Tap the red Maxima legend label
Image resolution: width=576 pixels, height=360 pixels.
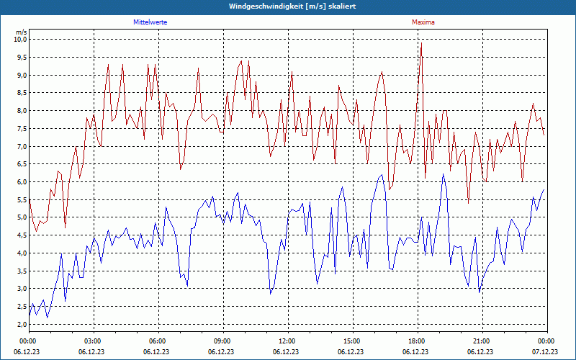(x=423, y=22)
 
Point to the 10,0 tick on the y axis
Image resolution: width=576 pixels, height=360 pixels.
(x=20, y=40)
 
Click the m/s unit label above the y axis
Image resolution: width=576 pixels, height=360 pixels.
(x=21, y=32)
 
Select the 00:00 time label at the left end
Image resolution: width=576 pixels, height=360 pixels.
(x=29, y=341)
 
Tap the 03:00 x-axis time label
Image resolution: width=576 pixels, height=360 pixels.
(x=94, y=341)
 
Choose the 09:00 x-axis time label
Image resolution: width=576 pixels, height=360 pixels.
(x=222, y=341)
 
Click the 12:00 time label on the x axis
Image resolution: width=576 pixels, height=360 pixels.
(x=287, y=341)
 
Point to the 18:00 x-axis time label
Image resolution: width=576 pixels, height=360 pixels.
(x=417, y=341)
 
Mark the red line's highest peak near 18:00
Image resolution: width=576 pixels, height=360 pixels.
(x=421, y=43)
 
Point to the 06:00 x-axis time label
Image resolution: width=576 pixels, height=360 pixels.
(x=158, y=341)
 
